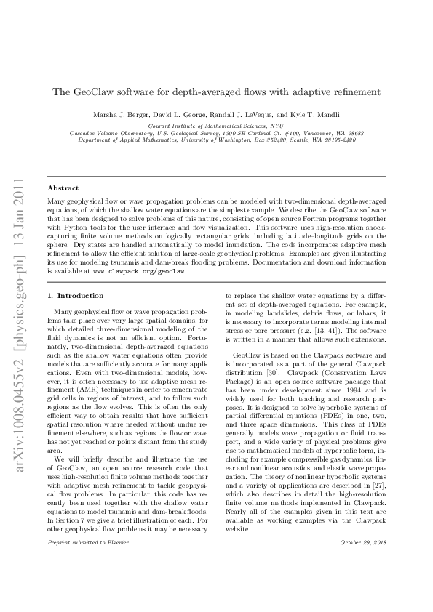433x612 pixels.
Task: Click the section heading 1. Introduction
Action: [x=74, y=296]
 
